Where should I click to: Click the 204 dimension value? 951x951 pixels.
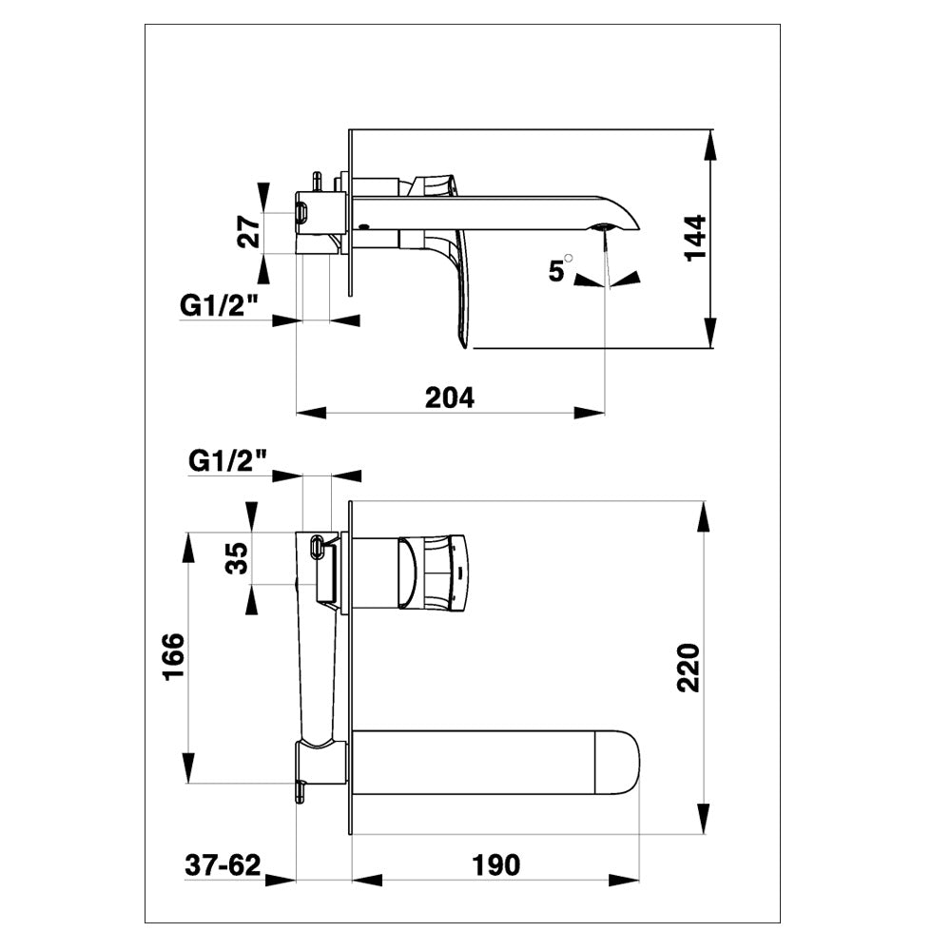tap(450, 398)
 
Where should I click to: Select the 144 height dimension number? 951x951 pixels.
tap(696, 238)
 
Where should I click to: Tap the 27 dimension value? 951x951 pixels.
tap(249, 232)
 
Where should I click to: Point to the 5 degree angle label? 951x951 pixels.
tap(559, 269)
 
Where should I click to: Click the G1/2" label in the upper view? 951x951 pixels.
tap(220, 305)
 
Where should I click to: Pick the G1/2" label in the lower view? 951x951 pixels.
tap(228, 461)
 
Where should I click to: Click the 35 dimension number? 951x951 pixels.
tap(237, 558)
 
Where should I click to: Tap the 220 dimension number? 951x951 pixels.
tap(689, 668)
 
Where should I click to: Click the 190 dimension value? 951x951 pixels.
tap(496, 864)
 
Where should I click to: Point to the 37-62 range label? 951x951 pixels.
tap(223, 864)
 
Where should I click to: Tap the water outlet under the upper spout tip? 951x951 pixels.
tap(603, 227)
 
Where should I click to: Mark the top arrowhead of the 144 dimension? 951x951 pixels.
tap(709, 145)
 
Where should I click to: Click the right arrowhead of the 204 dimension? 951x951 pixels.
tap(590, 413)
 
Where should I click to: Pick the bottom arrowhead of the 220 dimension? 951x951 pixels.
tap(703, 818)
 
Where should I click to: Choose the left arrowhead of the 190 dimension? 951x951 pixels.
tap(367, 880)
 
